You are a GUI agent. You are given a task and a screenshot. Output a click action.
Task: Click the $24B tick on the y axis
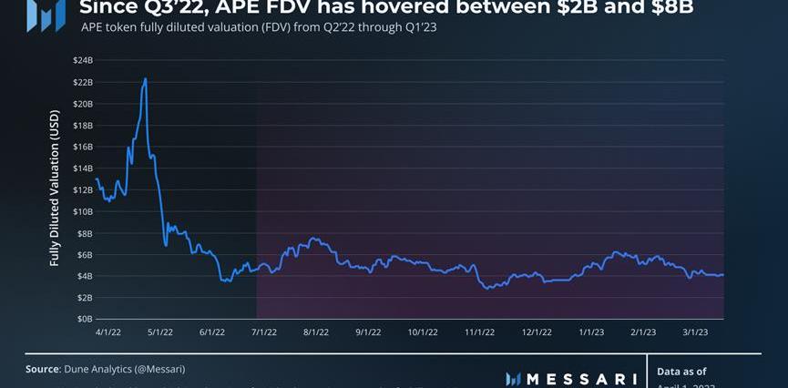click(81, 60)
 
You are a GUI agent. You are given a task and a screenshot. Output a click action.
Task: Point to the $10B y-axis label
click(81, 211)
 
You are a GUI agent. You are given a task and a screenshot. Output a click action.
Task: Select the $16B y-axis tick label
click(81, 147)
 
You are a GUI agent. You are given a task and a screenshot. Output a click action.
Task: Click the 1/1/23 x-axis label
click(591, 332)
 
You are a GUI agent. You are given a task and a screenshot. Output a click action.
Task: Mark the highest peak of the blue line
click(145, 79)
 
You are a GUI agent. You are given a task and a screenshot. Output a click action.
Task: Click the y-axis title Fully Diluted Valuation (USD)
click(55, 188)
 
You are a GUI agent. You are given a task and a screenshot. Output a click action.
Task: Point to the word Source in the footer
click(43, 369)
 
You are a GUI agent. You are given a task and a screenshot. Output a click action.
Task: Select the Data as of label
click(681, 372)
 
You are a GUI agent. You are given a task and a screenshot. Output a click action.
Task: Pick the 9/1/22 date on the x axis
click(369, 332)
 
